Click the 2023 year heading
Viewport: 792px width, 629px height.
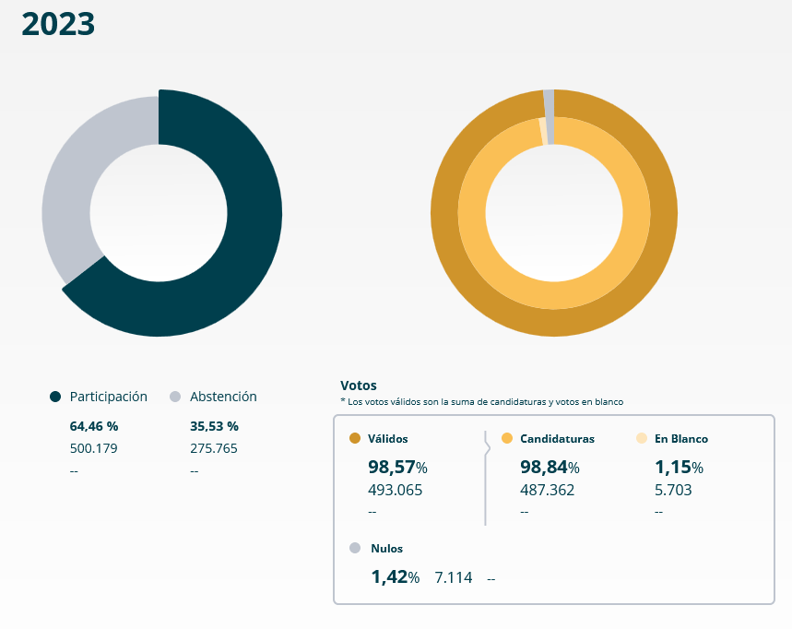[x=58, y=25]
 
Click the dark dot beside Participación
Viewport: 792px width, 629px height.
[x=55, y=397]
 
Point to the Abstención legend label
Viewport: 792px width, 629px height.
[x=223, y=397]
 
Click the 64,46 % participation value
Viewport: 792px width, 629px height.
[x=94, y=426]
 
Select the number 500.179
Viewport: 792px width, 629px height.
[x=94, y=448]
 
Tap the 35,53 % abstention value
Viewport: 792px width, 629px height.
[x=214, y=426]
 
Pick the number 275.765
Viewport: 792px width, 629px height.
[x=214, y=448]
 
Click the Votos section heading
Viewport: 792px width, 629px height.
[x=359, y=386]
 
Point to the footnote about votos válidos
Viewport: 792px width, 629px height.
[x=481, y=402]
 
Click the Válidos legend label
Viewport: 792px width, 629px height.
[x=387, y=439]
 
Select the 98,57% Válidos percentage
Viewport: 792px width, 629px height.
[x=397, y=467]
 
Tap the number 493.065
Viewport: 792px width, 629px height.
[x=395, y=490]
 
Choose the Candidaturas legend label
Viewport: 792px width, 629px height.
[x=557, y=439]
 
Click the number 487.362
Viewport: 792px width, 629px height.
[x=547, y=490]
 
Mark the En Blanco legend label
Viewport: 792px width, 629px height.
[x=681, y=439]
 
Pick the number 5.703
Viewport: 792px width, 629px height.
[x=673, y=490]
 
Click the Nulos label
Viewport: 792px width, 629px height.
[x=386, y=548]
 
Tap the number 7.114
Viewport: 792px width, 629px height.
[x=454, y=577]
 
